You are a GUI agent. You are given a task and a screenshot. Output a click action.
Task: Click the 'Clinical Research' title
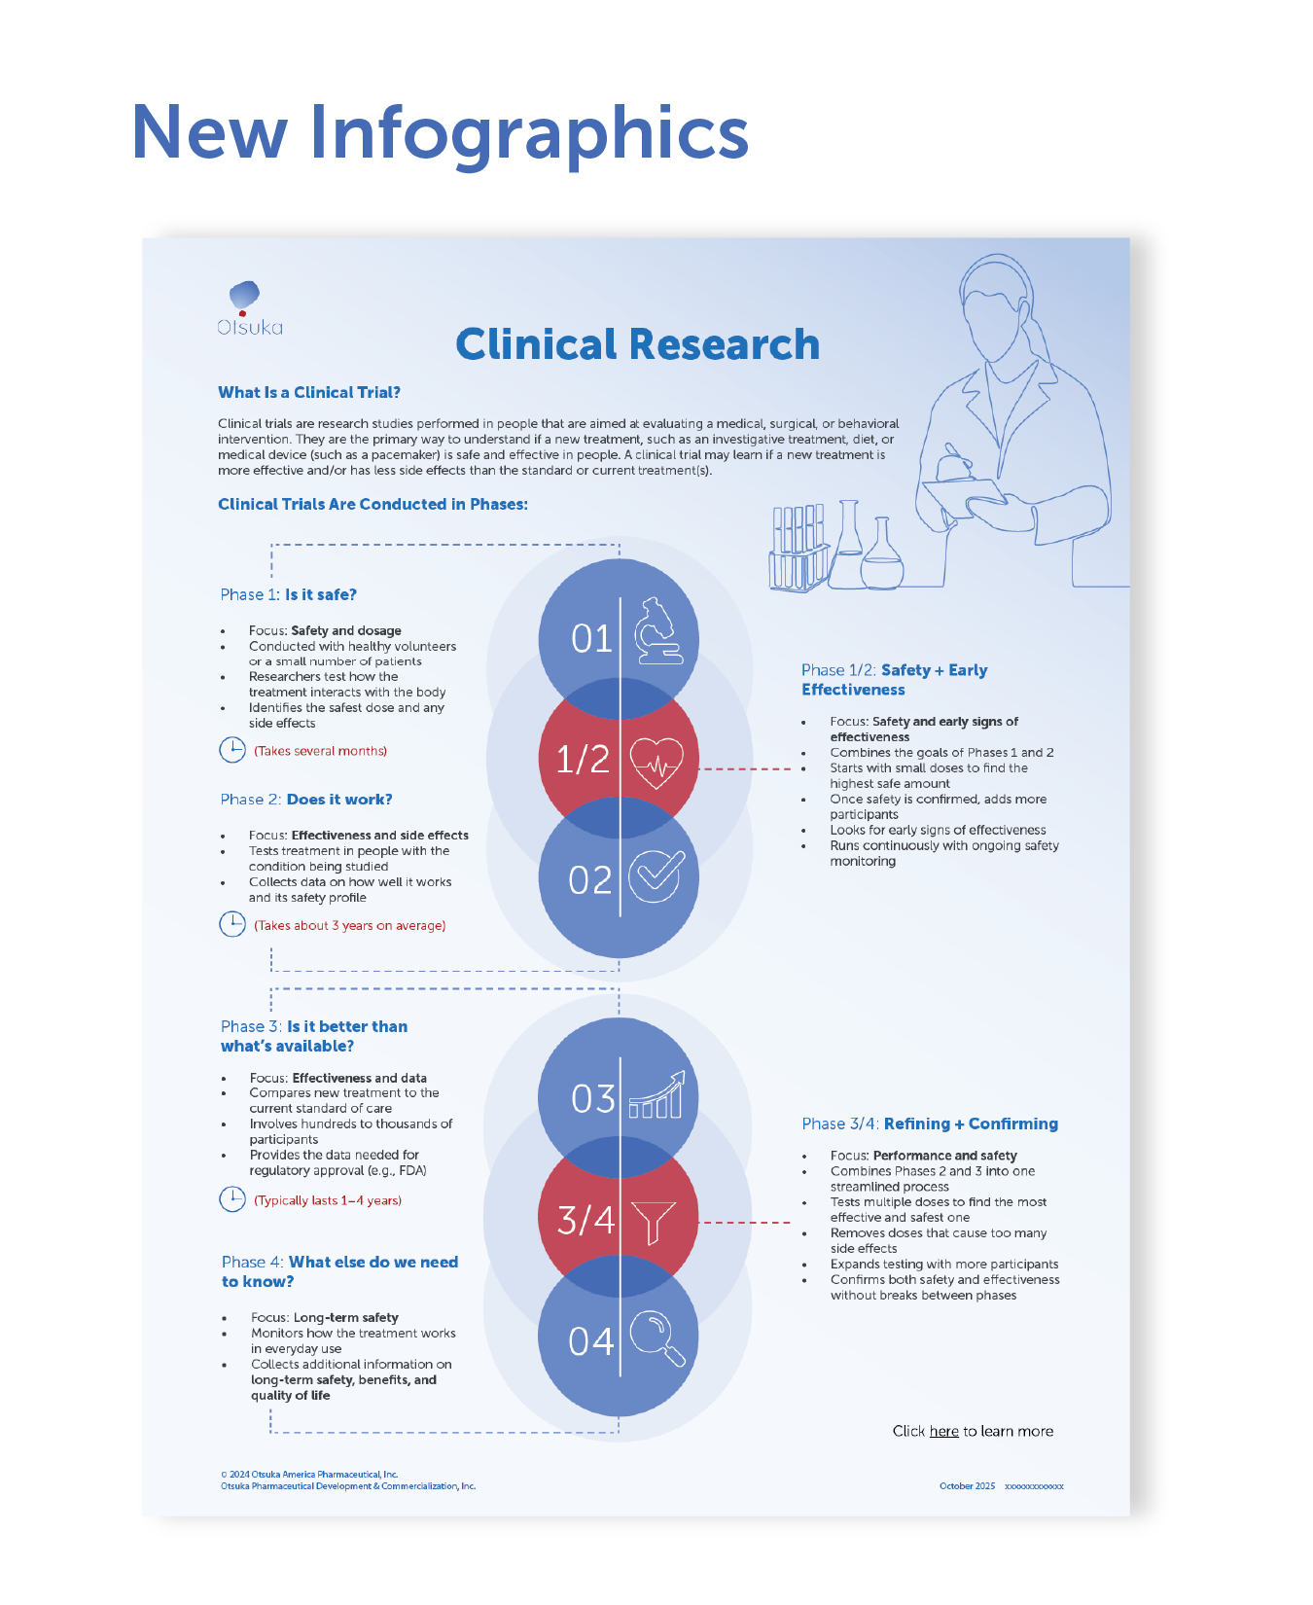point(637,344)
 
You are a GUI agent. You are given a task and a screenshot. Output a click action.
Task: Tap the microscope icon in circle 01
point(657,632)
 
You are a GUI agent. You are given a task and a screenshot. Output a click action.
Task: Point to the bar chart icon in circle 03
point(656,1096)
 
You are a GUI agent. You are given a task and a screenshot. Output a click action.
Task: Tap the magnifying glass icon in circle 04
point(657,1339)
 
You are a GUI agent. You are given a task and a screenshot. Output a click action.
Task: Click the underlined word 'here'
point(943,1431)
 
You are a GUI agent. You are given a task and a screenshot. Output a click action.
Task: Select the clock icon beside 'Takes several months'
point(232,750)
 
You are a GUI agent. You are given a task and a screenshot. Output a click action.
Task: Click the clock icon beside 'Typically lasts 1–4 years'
point(232,1199)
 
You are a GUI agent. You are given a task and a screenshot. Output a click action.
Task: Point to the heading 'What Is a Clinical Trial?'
point(309,392)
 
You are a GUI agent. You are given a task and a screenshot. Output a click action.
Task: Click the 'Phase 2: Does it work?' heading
point(306,800)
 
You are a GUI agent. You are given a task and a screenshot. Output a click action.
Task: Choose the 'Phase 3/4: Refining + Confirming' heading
point(930,1123)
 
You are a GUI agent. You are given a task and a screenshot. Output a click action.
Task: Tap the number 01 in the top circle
point(591,639)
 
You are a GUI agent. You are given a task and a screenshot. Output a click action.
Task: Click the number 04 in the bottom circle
point(591,1342)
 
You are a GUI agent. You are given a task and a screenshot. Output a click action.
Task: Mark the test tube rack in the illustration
point(798,550)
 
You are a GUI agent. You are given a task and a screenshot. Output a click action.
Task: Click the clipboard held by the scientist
point(963,496)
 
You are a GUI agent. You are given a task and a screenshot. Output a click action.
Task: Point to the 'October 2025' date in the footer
point(967,1486)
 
